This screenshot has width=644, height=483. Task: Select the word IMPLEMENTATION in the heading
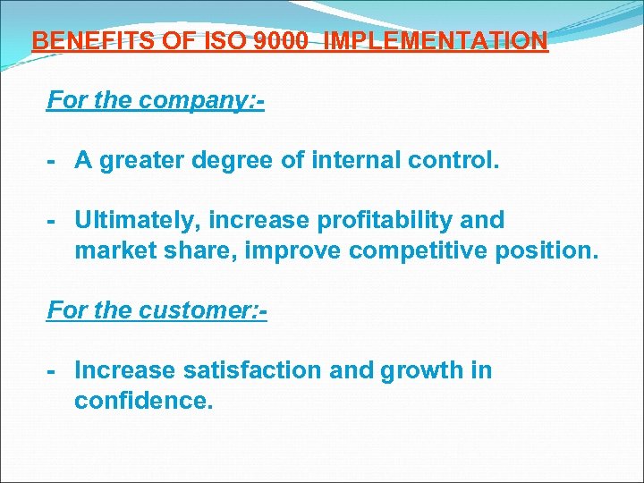[x=436, y=41]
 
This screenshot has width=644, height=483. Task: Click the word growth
[x=420, y=370]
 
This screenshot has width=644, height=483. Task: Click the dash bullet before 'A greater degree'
[x=54, y=161]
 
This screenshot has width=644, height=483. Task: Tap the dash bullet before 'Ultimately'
[x=54, y=221]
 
